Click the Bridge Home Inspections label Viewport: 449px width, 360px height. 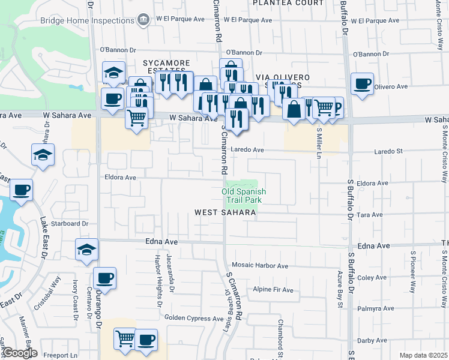point(87,20)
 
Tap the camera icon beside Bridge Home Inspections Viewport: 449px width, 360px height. point(143,20)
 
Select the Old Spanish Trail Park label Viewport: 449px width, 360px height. point(244,196)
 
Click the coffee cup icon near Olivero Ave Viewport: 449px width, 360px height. point(362,84)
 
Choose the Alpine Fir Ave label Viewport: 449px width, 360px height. point(273,290)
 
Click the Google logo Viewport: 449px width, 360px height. point(19,353)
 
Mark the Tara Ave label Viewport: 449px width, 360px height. point(370,215)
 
